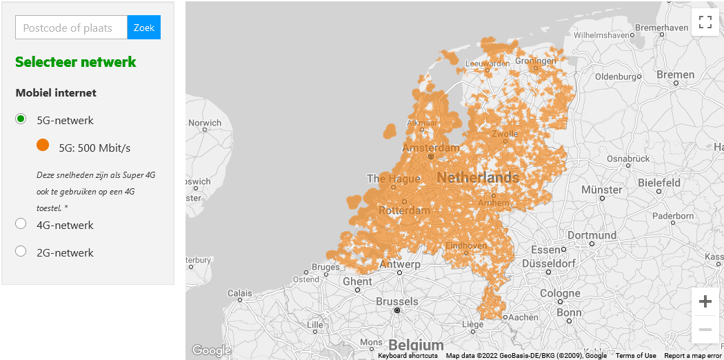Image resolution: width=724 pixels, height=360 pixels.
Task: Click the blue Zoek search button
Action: click(144, 28)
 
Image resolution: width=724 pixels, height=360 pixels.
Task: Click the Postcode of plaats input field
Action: click(72, 28)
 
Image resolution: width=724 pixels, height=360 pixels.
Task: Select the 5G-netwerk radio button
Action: click(21, 119)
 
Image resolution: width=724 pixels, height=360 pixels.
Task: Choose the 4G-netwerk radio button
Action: click(21, 223)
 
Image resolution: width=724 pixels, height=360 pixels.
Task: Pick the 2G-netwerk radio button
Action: click(21, 252)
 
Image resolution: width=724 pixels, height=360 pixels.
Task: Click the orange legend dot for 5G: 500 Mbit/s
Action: click(43, 146)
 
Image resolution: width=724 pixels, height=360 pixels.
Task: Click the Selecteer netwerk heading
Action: click(76, 62)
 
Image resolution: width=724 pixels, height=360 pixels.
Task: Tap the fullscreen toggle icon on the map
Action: click(705, 21)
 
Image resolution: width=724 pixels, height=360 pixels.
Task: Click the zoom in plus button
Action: click(705, 301)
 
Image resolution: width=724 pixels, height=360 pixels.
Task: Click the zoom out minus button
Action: click(705, 330)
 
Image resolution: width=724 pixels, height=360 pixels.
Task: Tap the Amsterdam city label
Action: click(430, 148)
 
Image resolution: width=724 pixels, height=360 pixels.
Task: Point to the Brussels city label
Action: click(396, 301)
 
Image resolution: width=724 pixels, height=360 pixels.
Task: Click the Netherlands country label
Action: click(477, 177)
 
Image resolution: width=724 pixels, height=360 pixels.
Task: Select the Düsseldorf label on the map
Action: click(549, 263)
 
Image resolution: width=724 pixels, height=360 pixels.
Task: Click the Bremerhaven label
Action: click(661, 28)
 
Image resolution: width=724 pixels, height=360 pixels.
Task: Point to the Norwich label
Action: click(205, 123)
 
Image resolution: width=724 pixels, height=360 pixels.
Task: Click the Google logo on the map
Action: click(211, 350)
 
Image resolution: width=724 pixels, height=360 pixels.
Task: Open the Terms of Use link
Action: click(636, 356)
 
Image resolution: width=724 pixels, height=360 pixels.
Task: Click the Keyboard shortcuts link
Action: click(408, 356)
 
